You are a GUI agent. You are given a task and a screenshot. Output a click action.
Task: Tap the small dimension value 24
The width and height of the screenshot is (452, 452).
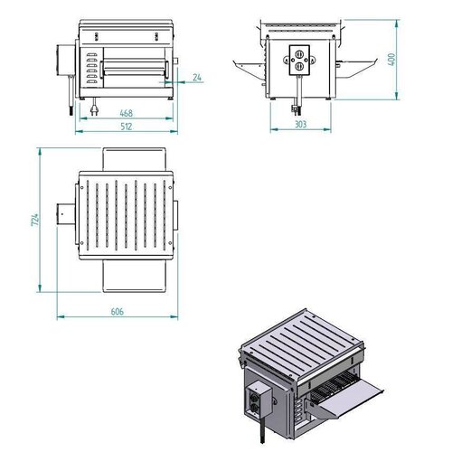pyautogui.click(x=197, y=78)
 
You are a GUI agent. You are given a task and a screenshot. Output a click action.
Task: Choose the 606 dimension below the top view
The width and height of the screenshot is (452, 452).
pyautogui.click(x=118, y=312)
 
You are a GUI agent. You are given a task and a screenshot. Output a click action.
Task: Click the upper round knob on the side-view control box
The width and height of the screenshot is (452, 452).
pyautogui.click(x=298, y=52)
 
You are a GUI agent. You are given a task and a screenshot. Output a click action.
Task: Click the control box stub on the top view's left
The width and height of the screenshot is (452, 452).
pyautogui.click(x=67, y=216)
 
